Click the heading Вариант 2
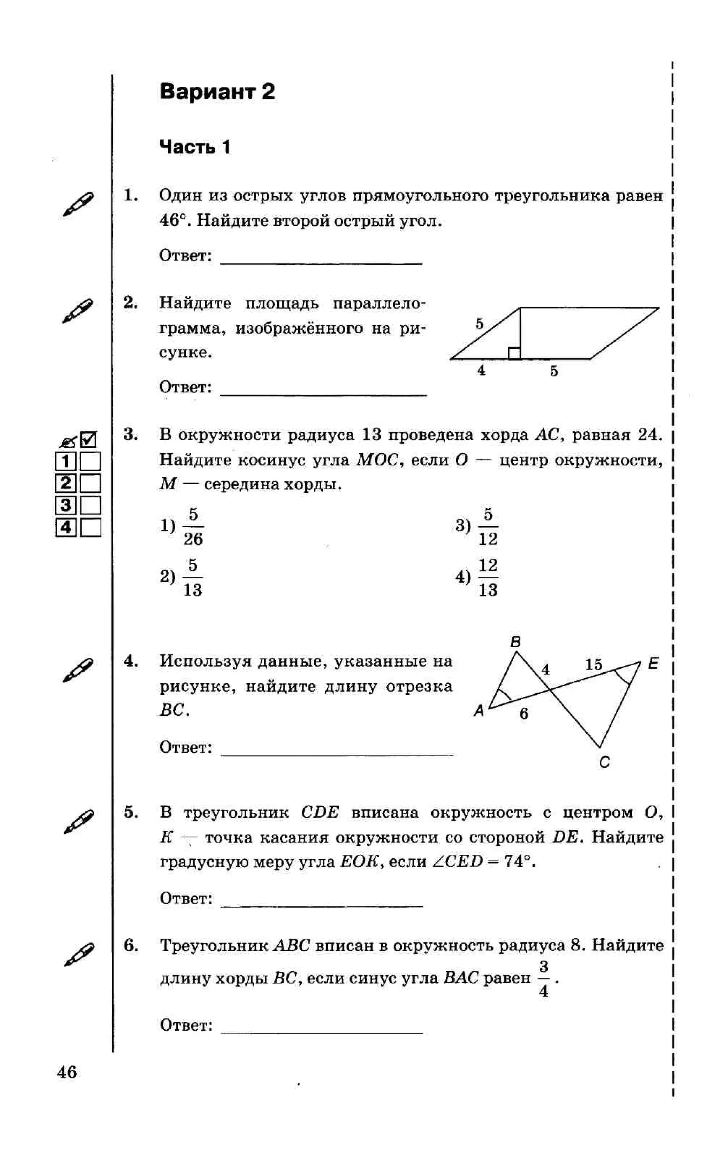tap(217, 91)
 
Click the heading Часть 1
tap(195, 147)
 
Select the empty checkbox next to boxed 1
tap(90, 461)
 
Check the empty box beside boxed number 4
tap(90, 528)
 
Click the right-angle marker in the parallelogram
tap(514, 353)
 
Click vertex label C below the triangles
tap(604, 762)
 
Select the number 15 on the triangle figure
tap(593, 665)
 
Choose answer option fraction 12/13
tap(488, 577)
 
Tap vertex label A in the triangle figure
tap(478, 710)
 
